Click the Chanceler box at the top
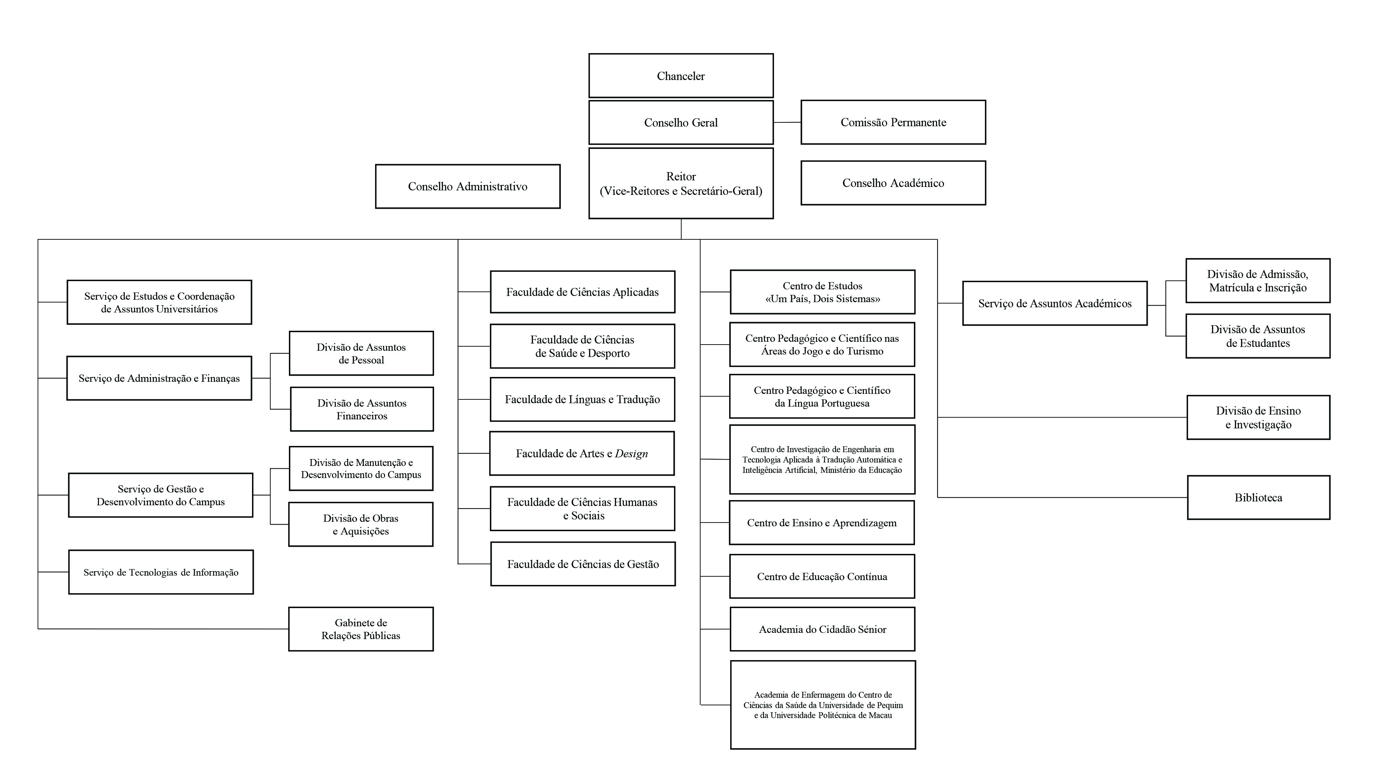pos(681,76)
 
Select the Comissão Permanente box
pos(893,122)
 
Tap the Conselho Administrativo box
pos(467,186)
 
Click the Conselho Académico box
pos(893,183)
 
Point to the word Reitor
pos(681,176)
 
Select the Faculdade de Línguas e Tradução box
pos(582,399)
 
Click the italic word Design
pos(631,454)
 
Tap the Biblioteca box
pos(1258,498)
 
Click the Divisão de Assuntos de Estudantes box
pos(1258,336)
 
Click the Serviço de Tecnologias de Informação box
pos(161,572)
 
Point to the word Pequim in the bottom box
pos(890,705)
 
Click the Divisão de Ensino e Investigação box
pos(1258,417)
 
